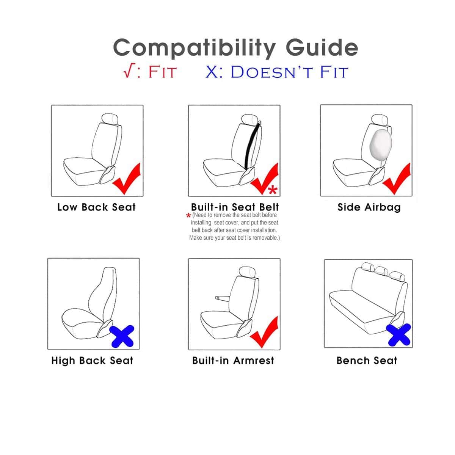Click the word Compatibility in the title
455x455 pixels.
(x=195, y=49)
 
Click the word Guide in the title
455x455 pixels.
(x=322, y=47)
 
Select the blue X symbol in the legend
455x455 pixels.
(x=212, y=72)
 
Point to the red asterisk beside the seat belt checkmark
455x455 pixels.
(x=273, y=190)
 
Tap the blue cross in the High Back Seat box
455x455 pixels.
(x=122, y=336)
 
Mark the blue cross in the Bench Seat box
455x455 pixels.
(x=399, y=335)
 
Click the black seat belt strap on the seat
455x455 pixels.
(x=251, y=146)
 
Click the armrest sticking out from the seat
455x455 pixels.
(x=223, y=298)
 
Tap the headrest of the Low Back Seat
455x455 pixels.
(x=110, y=119)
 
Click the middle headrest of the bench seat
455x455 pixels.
(x=381, y=271)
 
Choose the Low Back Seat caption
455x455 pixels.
(x=97, y=207)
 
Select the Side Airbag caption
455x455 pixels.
(x=369, y=207)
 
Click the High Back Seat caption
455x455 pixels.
(x=92, y=361)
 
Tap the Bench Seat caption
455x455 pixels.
(x=367, y=360)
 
